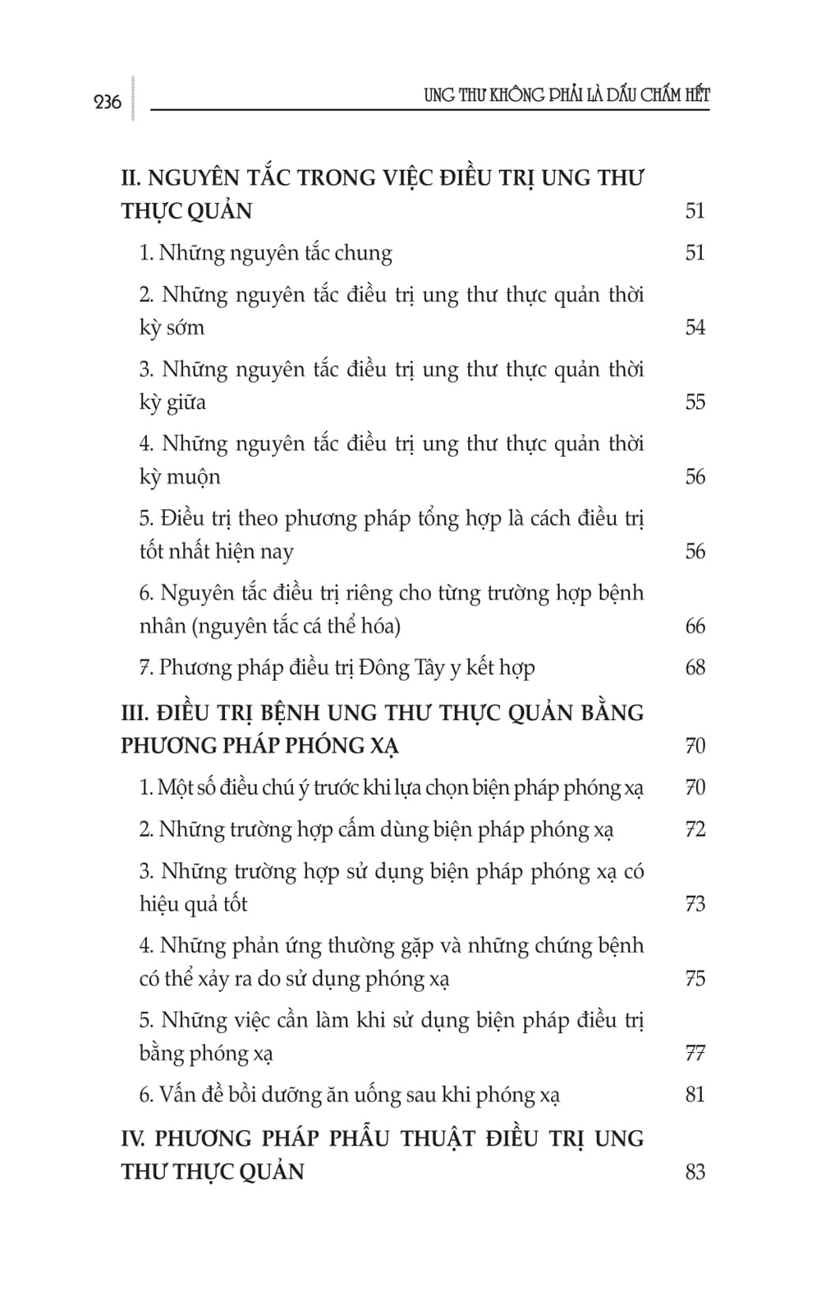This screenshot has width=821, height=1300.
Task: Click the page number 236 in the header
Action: point(108,102)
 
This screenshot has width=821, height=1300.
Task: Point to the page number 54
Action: point(695,327)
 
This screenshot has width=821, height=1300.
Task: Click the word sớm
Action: point(186,327)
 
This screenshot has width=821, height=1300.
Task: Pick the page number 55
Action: point(695,402)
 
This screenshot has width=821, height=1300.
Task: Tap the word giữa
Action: point(186,402)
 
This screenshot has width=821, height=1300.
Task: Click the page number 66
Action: point(695,626)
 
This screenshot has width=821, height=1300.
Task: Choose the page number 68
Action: point(695,668)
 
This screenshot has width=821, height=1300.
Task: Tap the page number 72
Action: point(695,829)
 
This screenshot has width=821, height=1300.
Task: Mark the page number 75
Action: point(695,978)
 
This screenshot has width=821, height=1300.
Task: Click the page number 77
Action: point(695,1053)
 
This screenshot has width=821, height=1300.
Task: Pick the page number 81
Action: point(695,1095)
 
